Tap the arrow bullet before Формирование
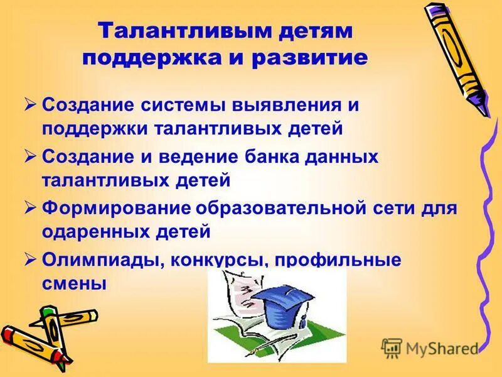[31, 207]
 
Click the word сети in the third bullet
[402, 207]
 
